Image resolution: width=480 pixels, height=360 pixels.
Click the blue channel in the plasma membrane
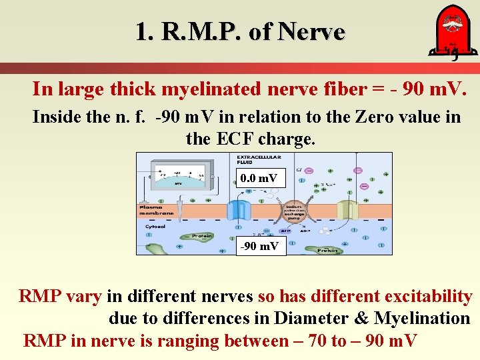238,210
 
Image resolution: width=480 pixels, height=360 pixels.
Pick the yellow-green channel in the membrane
347,211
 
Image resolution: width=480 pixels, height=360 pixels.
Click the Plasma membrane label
156,210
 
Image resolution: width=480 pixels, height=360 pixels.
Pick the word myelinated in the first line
209,89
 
